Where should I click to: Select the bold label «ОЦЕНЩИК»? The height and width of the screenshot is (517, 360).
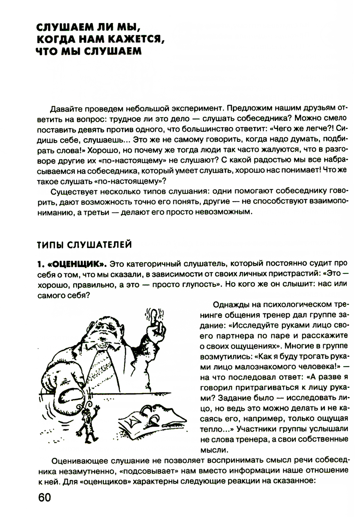[x=77, y=264]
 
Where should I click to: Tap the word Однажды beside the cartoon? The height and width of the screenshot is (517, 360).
[x=228, y=305]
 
